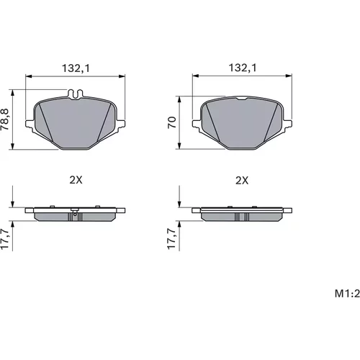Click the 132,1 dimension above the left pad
click(76, 68)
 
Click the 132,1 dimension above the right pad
click(243, 68)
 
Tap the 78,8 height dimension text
click(4, 120)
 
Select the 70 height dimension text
click(172, 122)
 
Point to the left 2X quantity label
click(76, 180)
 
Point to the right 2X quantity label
click(242, 181)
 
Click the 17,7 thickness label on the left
click(4, 239)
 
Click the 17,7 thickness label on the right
click(172, 239)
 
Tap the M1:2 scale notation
click(347, 294)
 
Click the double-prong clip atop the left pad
click(75, 94)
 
